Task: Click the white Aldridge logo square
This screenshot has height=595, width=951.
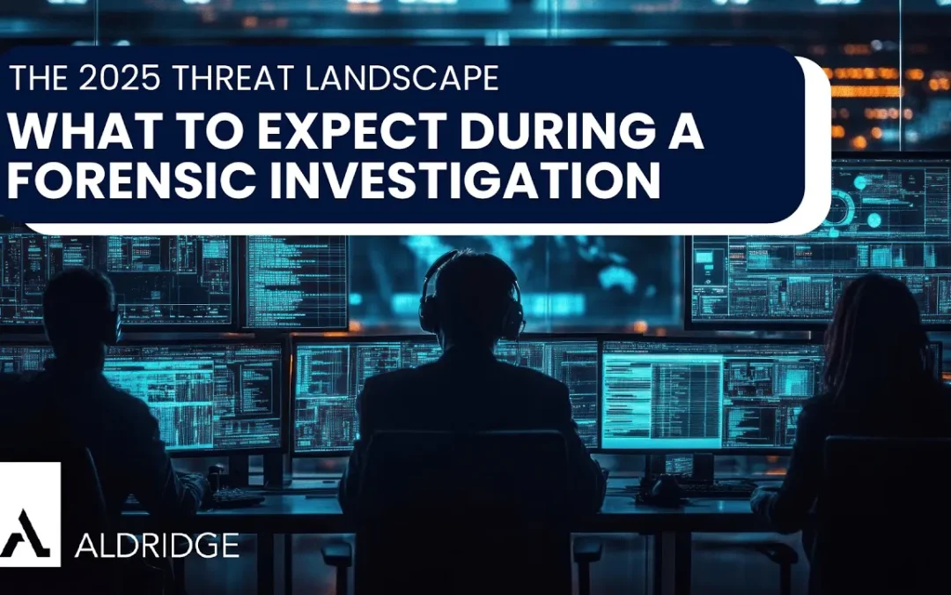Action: pos(30,514)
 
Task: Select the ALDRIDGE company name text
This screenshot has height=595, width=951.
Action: pos(156,545)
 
